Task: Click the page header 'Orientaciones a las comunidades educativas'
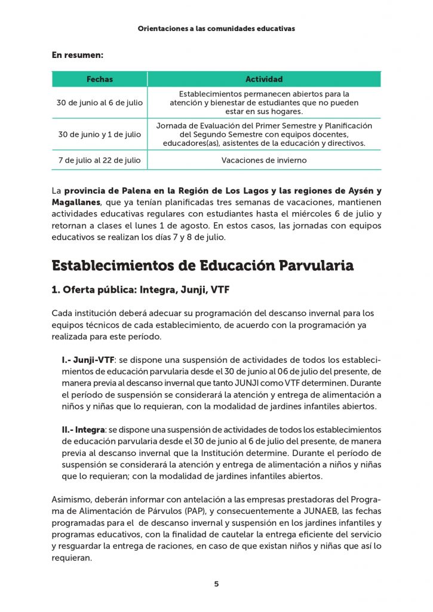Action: (x=216, y=28)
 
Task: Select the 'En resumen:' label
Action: (x=78, y=56)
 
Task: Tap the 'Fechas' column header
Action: (x=99, y=79)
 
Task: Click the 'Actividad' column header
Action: (x=264, y=79)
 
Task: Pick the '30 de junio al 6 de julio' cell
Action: (x=99, y=103)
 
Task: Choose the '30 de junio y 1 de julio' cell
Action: (x=99, y=134)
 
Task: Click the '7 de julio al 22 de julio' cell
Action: (x=99, y=160)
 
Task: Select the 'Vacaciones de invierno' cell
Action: (x=264, y=160)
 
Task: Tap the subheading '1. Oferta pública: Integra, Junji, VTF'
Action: (x=140, y=290)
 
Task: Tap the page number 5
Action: (x=216, y=584)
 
